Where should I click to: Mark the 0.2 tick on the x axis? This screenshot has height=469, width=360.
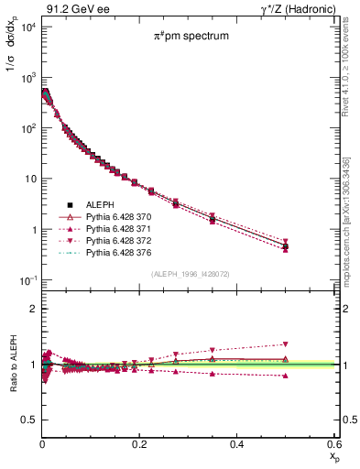[x=139, y=444]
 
